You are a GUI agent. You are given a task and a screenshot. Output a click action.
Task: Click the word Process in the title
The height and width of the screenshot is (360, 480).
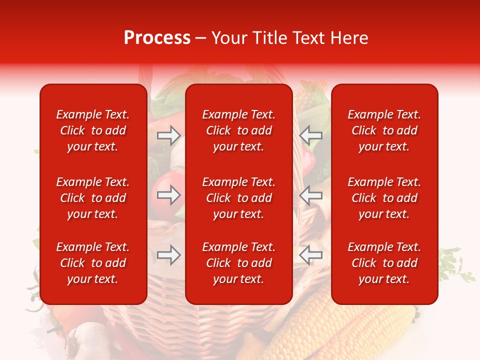click(x=157, y=38)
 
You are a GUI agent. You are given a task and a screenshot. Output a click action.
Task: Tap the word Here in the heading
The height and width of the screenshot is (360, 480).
click(x=347, y=38)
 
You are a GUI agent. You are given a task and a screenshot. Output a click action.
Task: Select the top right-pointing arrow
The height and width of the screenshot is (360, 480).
click(x=169, y=135)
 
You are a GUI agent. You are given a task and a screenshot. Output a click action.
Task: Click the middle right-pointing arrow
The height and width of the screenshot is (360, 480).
click(x=169, y=195)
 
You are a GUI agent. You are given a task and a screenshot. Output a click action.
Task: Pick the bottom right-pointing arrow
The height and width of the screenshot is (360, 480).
click(x=169, y=255)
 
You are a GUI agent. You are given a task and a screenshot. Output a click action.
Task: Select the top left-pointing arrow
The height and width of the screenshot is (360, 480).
click(x=310, y=135)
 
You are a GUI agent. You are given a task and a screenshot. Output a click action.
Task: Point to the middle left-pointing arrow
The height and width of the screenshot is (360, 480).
click(x=310, y=195)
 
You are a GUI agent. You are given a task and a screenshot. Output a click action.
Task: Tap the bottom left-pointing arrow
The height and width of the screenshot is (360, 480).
click(x=310, y=255)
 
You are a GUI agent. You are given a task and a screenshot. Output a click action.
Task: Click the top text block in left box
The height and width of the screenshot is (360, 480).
click(x=93, y=130)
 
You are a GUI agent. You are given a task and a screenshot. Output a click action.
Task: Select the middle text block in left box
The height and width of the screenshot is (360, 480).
click(x=93, y=198)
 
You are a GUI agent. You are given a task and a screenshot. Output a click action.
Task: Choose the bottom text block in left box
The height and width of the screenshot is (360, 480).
click(x=93, y=263)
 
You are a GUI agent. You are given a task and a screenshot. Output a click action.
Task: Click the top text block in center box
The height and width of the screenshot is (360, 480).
click(x=239, y=130)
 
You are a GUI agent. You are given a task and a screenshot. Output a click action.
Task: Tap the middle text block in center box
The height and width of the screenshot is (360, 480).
click(x=239, y=198)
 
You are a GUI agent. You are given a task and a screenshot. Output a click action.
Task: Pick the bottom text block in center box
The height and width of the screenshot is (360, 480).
click(x=239, y=263)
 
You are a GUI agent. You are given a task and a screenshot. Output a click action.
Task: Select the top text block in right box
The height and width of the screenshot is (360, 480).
click(x=384, y=130)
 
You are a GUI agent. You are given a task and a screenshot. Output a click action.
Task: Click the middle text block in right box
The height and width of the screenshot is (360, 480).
click(x=384, y=198)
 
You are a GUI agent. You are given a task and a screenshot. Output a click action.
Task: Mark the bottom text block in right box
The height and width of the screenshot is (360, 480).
click(x=384, y=263)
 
